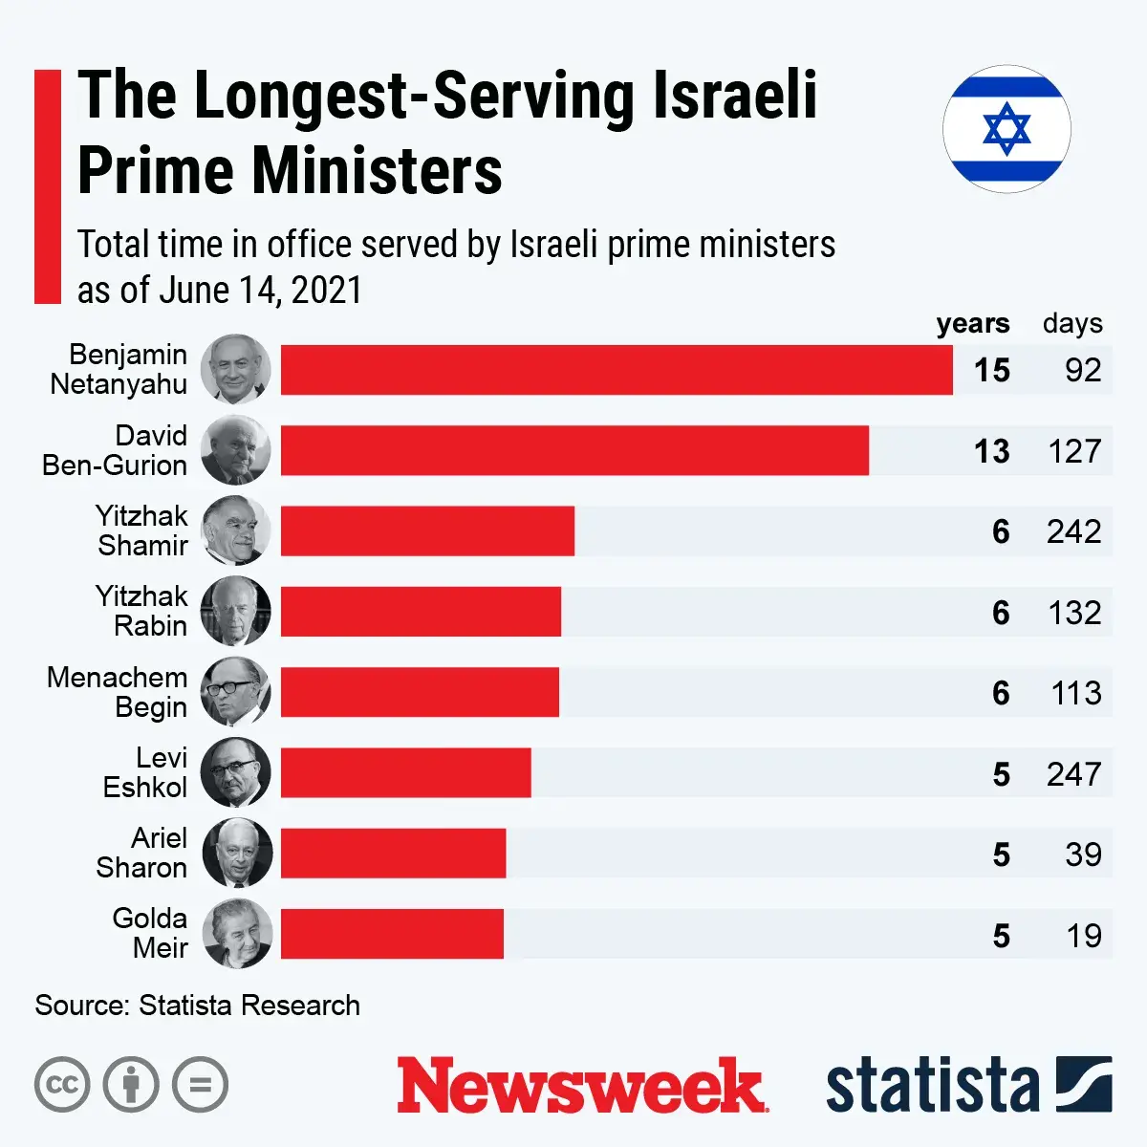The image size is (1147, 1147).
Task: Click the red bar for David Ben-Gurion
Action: pos(574,450)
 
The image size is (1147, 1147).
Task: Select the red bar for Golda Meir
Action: pos(392,934)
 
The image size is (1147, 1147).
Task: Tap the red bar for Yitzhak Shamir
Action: pos(427,530)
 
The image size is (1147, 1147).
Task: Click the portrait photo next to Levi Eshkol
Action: pos(236,772)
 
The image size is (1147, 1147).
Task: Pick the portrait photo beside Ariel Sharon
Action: pos(236,853)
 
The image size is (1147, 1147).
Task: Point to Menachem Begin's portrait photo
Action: pos(236,692)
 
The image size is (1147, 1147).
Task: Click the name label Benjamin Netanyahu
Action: pos(119,369)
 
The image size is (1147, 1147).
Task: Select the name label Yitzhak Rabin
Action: pos(141,611)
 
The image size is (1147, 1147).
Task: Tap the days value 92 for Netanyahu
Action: pos(1082,370)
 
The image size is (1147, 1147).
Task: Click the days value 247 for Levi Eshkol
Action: pos(1073,773)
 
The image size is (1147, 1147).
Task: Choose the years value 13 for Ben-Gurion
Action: pos(991,450)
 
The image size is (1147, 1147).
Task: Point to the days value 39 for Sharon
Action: pos(1082,854)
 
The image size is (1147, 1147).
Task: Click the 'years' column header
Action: pos(972,324)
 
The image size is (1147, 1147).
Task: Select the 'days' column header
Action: pos(1072,324)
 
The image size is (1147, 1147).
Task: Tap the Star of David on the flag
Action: pos(1006,129)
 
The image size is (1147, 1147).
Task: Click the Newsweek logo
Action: pos(581,1085)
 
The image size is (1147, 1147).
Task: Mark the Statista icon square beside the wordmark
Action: pos(1084,1084)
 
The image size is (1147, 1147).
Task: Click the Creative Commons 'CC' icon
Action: pos(62,1085)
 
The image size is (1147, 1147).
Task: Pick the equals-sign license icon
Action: pos(201,1085)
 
